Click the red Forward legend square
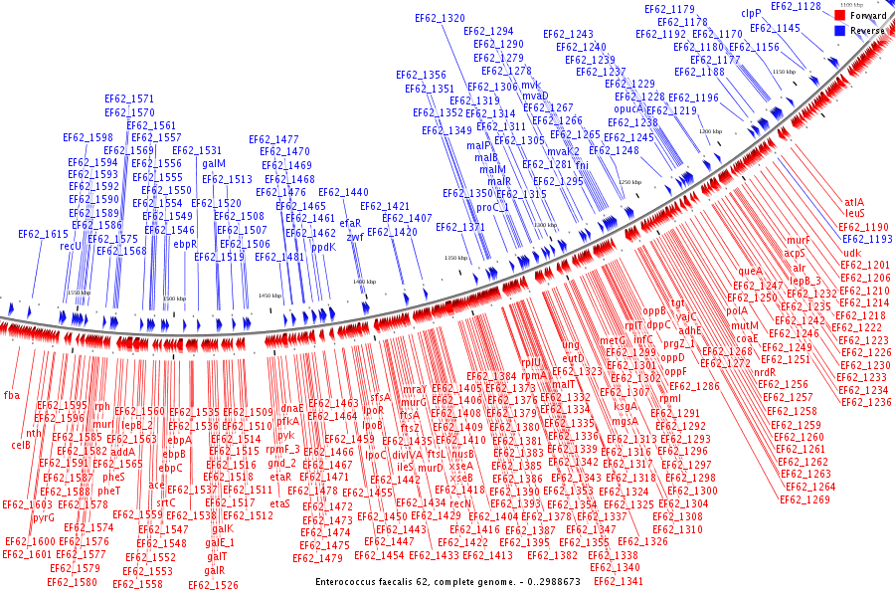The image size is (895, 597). (x=839, y=16)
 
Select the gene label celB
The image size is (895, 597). (x=21, y=445)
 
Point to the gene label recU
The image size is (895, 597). (x=71, y=246)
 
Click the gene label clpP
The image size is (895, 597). (x=751, y=14)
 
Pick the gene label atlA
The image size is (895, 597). (x=854, y=202)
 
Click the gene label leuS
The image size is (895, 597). (x=855, y=213)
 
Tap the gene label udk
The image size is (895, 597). (x=852, y=253)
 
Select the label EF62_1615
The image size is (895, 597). (x=43, y=234)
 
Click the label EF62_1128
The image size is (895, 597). (x=796, y=7)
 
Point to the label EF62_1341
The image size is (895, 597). (x=618, y=580)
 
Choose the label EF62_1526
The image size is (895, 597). (x=213, y=585)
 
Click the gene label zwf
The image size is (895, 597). (x=355, y=236)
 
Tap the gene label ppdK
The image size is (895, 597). (x=324, y=247)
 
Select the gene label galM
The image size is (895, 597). (x=214, y=163)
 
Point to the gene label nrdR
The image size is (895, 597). (x=765, y=372)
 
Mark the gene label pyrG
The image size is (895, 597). (x=44, y=517)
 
